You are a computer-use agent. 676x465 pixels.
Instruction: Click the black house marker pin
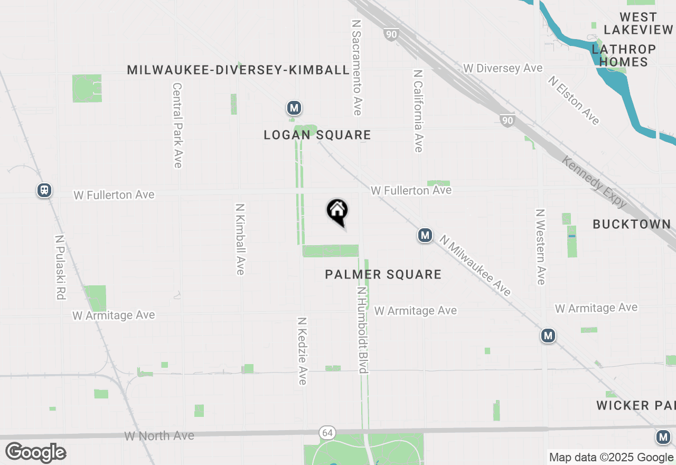click(337, 212)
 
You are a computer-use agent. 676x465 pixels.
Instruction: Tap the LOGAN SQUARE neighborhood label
click(317, 135)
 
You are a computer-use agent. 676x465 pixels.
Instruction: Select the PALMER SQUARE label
click(383, 274)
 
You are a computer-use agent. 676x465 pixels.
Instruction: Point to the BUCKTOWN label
click(632, 224)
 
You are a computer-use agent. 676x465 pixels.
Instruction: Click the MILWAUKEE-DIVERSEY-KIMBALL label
click(238, 70)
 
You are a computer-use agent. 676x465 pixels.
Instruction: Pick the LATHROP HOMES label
click(624, 55)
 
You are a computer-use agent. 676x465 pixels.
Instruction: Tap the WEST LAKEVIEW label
click(638, 23)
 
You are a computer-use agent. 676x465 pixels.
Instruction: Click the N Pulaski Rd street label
click(60, 267)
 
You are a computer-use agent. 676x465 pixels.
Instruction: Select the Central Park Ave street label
click(177, 125)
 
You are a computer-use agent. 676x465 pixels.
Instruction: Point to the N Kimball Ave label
click(240, 239)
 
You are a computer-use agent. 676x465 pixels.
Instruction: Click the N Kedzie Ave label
click(302, 351)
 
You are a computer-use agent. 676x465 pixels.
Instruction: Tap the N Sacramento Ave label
click(356, 68)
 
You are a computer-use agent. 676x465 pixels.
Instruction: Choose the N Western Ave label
click(540, 247)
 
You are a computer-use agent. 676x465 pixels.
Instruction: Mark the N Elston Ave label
click(574, 101)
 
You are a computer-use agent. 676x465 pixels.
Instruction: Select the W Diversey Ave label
click(503, 69)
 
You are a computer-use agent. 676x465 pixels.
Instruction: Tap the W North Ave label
click(159, 436)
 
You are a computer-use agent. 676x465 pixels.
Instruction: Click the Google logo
click(35, 452)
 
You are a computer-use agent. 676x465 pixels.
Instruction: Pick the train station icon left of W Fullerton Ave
click(44, 190)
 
